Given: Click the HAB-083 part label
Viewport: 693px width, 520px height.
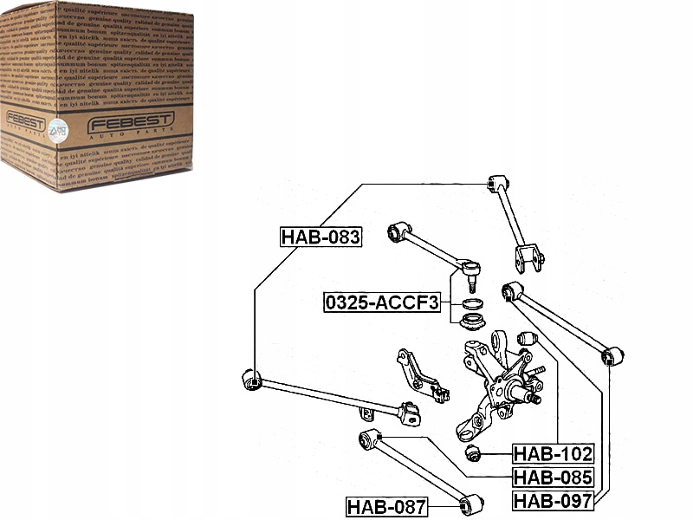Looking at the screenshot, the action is pyautogui.click(x=320, y=237).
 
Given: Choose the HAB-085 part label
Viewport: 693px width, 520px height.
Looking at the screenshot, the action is pyautogui.click(x=553, y=478).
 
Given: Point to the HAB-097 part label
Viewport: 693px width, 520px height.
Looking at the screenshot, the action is pyautogui.click(x=553, y=501).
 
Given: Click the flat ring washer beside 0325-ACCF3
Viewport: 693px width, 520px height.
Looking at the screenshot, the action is pyautogui.click(x=472, y=305).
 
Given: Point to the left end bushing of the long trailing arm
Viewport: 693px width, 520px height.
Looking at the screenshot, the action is pyautogui.click(x=251, y=379).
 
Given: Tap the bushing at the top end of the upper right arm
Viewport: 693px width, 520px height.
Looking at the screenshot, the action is pyautogui.click(x=495, y=184).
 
